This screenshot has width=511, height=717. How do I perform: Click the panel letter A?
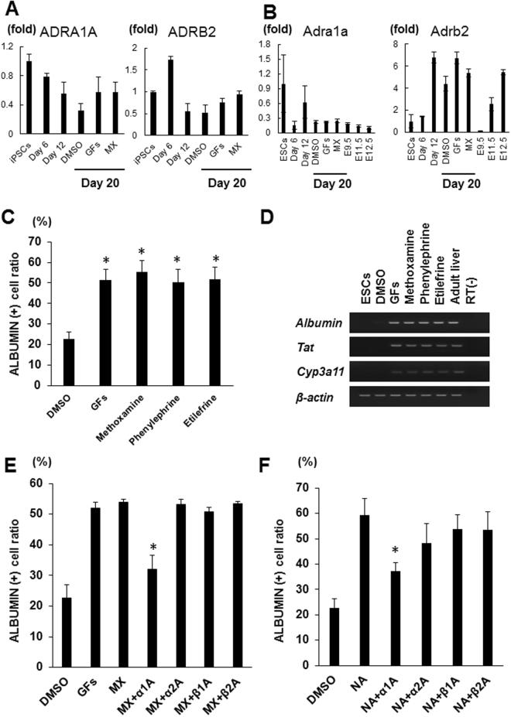point(11,9)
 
